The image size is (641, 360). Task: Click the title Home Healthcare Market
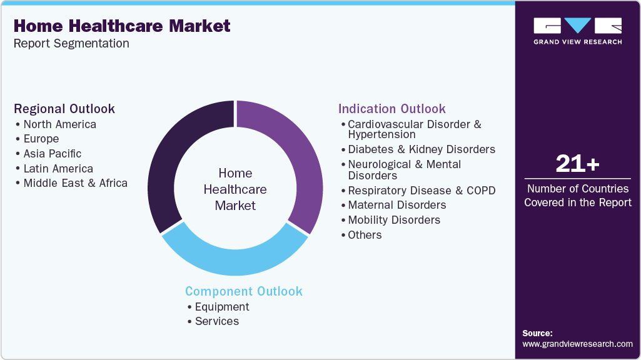(x=122, y=26)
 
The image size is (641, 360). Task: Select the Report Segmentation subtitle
(x=71, y=44)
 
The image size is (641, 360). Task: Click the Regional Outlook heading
(x=64, y=109)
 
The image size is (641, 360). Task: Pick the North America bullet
(x=59, y=124)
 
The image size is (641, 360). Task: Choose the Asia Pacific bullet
(x=53, y=154)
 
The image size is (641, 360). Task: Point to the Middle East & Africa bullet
(x=75, y=183)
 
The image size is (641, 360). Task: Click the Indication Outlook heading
(x=392, y=109)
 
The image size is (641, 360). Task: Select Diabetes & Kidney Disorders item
(x=421, y=149)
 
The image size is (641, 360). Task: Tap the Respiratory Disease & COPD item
(x=421, y=191)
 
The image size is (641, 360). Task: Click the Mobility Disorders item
(x=394, y=220)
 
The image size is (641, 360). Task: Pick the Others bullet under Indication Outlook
(x=365, y=235)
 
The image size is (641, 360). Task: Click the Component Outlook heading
(x=243, y=291)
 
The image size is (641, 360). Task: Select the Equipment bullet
(x=222, y=307)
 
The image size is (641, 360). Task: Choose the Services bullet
(x=217, y=321)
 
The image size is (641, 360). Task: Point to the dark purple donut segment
(x=166, y=162)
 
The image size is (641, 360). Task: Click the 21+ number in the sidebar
(x=577, y=164)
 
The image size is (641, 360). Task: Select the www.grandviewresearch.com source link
(x=577, y=344)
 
